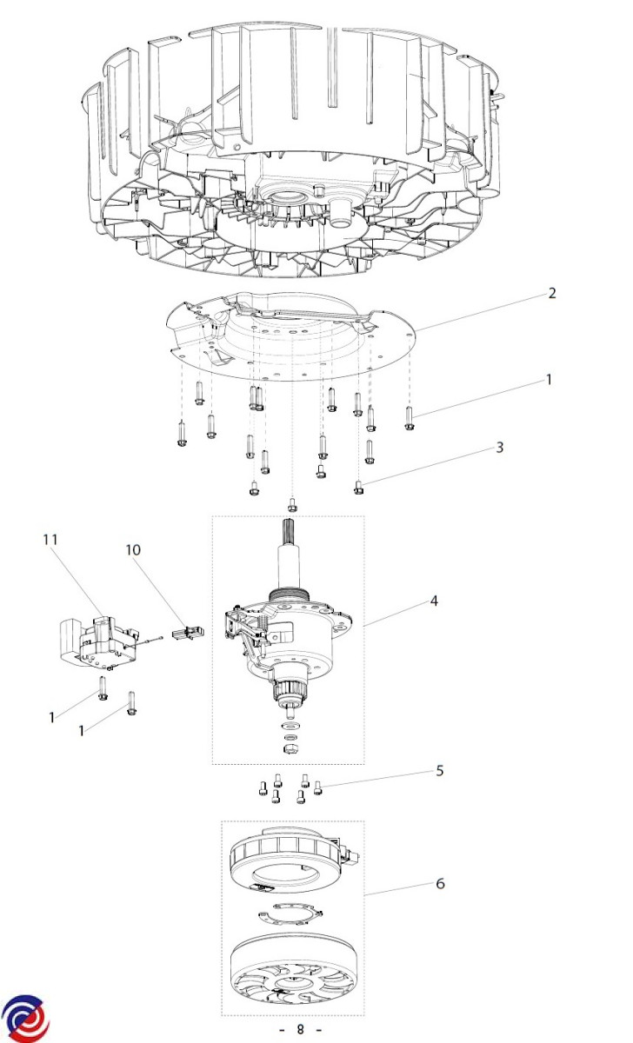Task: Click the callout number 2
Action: click(551, 293)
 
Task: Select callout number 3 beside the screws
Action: click(499, 448)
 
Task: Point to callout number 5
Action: click(440, 770)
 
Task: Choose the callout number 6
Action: click(440, 883)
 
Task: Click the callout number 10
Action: click(132, 550)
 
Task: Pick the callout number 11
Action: click(50, 540)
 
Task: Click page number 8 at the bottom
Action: click(300, 1030)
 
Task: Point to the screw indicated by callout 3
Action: click(358, 488)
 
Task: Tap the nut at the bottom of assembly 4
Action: click(290, 749)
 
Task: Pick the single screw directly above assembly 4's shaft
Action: click(292, 504)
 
